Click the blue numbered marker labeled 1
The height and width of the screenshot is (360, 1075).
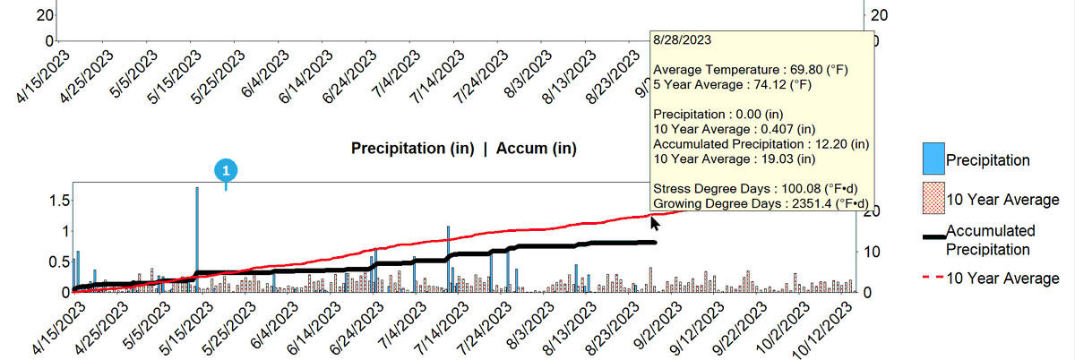click(226, 170)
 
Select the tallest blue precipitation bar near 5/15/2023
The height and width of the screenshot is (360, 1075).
click(197, 239)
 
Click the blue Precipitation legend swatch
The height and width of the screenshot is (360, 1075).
click(933, 159)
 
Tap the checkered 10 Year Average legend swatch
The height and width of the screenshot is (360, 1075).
click(933, 198)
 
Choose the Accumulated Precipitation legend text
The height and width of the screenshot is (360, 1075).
click(990, 240)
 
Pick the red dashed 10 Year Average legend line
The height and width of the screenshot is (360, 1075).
click(933, 277)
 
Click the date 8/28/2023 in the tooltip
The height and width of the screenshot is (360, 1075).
click(682, 39)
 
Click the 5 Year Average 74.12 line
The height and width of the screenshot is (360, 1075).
click(733, 84)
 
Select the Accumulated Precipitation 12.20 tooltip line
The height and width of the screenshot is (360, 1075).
click(761, 144)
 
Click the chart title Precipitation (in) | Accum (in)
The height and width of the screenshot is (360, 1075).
click(464, 149)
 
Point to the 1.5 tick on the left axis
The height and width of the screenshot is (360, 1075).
click(61, 201)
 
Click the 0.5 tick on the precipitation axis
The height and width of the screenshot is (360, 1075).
click(59, 261)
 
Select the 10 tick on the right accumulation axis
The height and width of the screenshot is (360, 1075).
click(871, 252)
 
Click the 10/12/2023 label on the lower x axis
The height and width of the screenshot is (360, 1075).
click(821, 330)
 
